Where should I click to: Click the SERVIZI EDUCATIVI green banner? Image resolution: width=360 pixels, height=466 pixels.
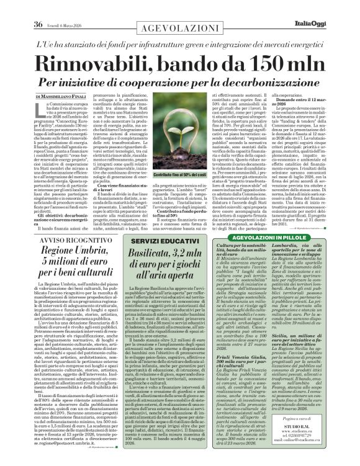point(179,223)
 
